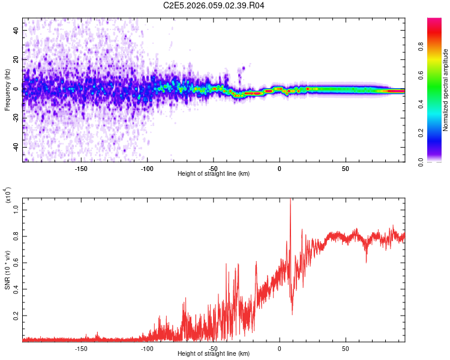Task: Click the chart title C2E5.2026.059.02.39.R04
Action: (214, 6)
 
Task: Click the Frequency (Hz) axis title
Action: (7, 89)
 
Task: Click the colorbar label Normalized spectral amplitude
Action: (445, 90)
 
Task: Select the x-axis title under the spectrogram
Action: (214, 174)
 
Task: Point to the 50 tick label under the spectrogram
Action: (345, 169)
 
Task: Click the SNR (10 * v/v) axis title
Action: (7, 269)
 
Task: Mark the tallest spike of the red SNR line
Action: (290, 200)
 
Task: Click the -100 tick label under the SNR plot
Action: (147, 349)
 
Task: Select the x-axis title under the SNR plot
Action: (214, 354)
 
